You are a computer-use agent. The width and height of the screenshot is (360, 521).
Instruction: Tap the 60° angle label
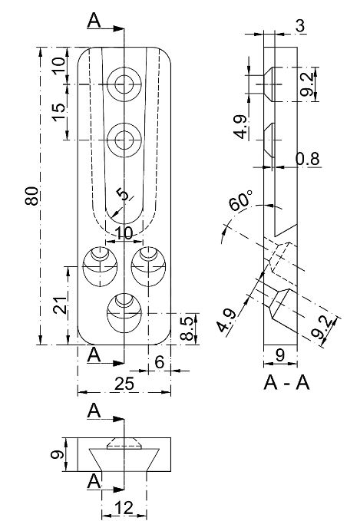pos(239,203)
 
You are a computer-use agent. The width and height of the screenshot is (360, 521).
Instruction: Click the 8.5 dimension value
pos(187,329)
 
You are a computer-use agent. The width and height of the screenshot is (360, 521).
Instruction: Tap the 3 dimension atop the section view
pos(299,25)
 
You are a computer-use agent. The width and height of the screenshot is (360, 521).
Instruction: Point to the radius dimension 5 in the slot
pos(121,194)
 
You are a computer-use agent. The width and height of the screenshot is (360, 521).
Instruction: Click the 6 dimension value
pos(159,361)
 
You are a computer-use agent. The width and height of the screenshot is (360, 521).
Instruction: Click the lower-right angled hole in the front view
pos(147,262)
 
